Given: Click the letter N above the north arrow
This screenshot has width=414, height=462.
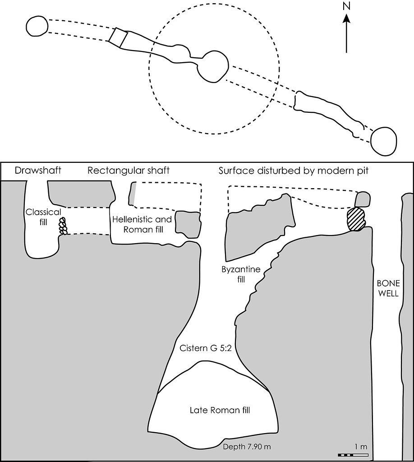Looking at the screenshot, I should pyautogui.click(x=346, y=6).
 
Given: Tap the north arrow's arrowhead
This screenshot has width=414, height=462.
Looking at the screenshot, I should pyautogui.click(x=346, y=18).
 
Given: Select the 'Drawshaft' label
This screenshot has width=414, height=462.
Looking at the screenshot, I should pyautogui.click(x=38, y=171).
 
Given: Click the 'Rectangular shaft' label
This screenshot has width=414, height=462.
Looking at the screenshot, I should pyautogui.click(x=129, y=171).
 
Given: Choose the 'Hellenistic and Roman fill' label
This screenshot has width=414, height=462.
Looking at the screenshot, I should pyautogui.click(x=142, y=224).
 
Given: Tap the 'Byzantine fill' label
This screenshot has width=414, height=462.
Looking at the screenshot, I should pyautogui.click(x=241, y=274).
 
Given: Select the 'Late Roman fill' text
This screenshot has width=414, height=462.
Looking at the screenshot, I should pyautogui.click(x=220, y=410).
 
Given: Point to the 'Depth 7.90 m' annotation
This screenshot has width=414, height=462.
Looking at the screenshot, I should pyautogui.click(x=247, y=447).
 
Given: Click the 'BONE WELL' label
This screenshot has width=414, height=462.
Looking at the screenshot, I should pyautogui.click(x=388, y=288).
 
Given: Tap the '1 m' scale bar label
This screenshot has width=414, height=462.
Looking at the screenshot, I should pyautogui.click(x=360, y=446).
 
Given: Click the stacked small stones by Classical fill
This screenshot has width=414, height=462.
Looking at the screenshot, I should pyautogui.click(x=63, y=226).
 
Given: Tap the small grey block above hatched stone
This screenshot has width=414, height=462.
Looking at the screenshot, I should pyautogui.click(x=362, y=199).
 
